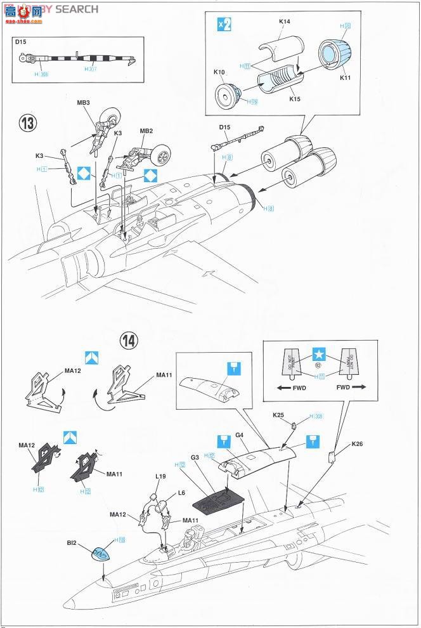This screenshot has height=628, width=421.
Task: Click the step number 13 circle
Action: click(27, 123)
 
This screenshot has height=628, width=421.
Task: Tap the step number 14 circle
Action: click(129, 341)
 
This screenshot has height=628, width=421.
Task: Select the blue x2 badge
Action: click(224, 24)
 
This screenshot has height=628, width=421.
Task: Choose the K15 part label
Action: click(294, 98)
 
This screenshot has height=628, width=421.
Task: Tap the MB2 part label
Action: click(146, 131)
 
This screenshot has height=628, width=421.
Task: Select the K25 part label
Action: click(279, 415)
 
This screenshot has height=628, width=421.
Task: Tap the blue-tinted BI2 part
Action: click(103, 554)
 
